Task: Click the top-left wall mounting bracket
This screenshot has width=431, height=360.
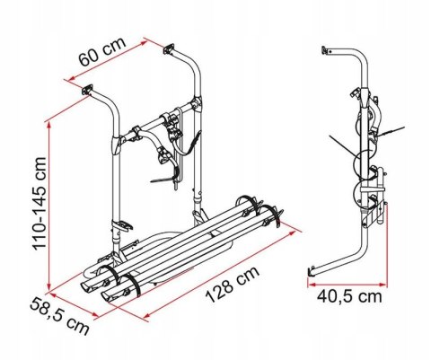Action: (88, 90)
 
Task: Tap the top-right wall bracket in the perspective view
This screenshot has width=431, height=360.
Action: (170, 52)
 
